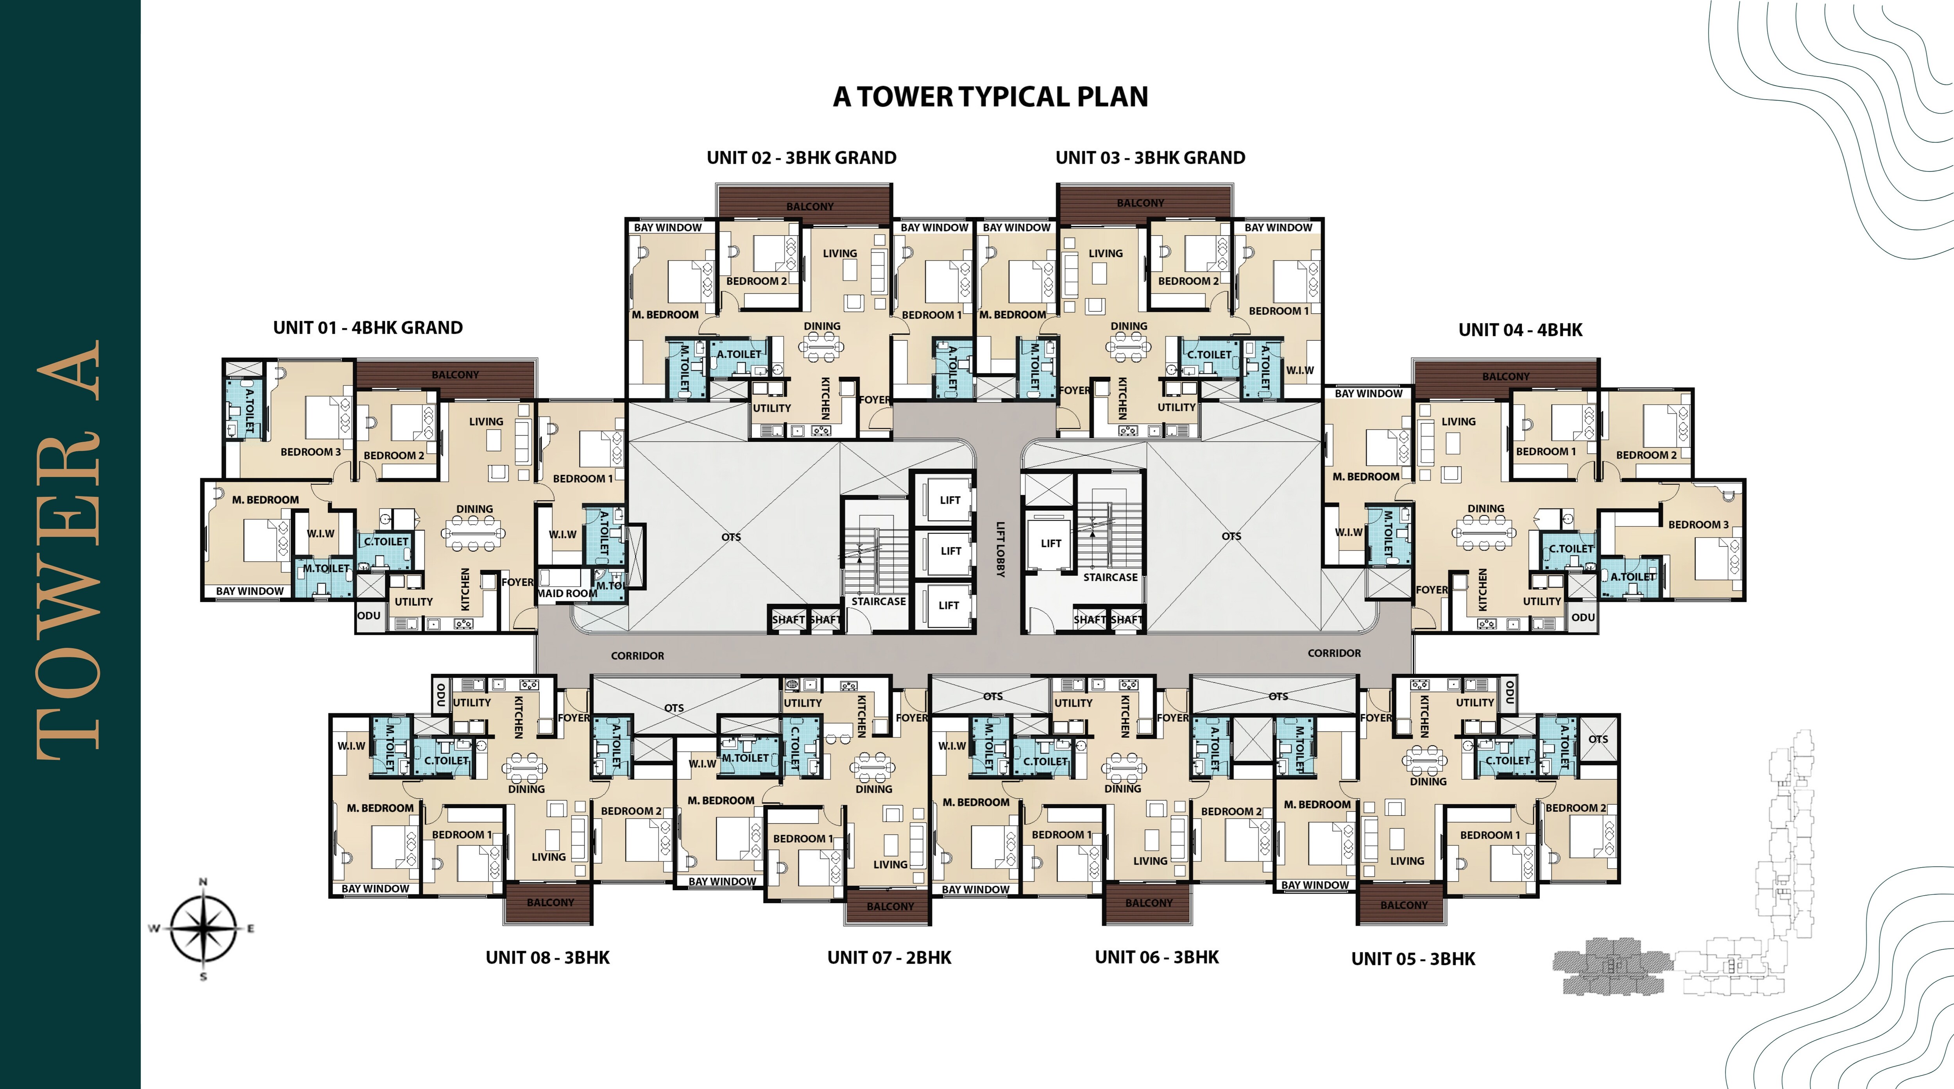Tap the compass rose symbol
click(x=202, y=928)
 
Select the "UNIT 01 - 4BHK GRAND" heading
click(x=368, y=328)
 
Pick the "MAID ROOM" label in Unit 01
click(x=567, y=593)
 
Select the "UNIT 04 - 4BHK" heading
click(x=1520, y=330)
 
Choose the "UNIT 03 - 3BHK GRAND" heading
click(x=1150, y=158)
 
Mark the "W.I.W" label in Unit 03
click(x=1300, y=370)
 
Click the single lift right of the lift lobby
click(x=1050, y=543)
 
